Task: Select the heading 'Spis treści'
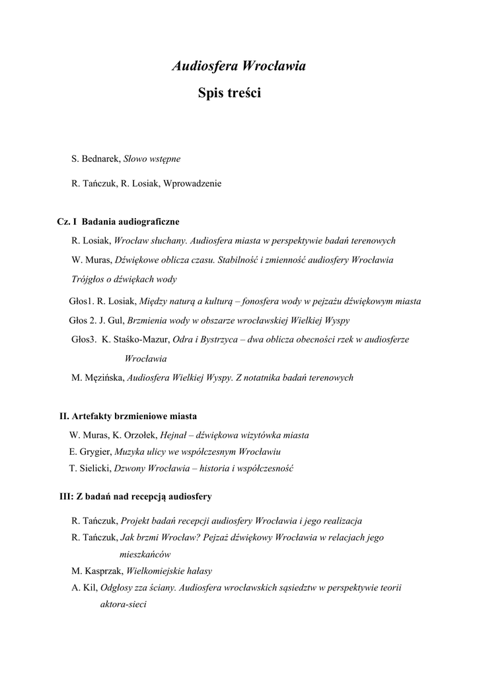(230, 94)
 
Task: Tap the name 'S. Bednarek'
(95, 159)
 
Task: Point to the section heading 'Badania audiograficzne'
(130, 221)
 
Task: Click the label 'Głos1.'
(81, 301)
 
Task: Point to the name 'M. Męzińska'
(97, 378)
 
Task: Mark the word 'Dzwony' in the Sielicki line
(130, 469)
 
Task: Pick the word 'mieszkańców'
(145, 554)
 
